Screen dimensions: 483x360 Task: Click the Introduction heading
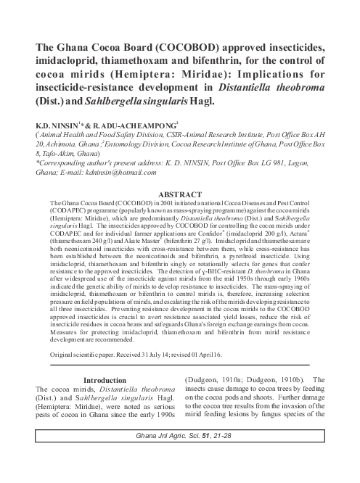tap(105, 379)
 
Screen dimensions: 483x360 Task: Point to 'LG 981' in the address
tap(286, 165)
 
